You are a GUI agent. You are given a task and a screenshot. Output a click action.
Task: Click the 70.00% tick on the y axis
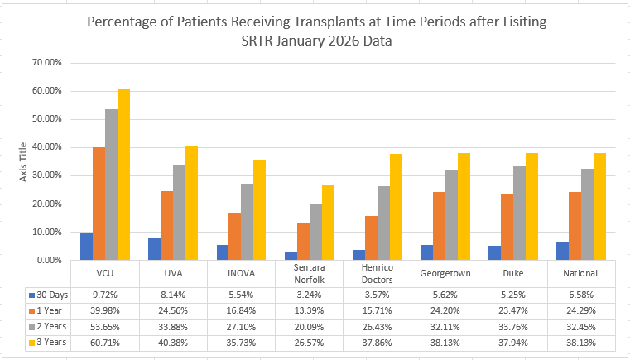click(x=43, y=63)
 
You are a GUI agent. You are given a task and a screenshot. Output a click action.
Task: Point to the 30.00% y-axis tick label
click(x=43, y=175)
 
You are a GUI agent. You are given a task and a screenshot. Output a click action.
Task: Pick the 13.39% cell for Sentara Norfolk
click(x=310, y=310)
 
